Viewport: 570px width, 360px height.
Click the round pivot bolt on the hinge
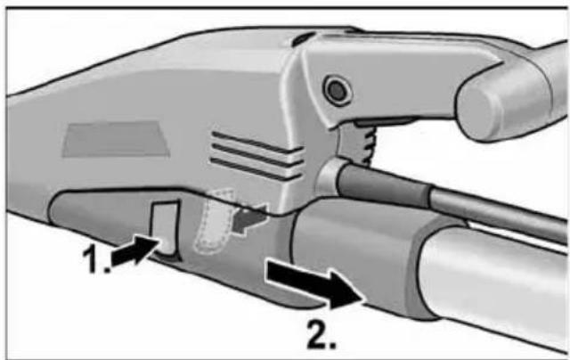tap(336, 89)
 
